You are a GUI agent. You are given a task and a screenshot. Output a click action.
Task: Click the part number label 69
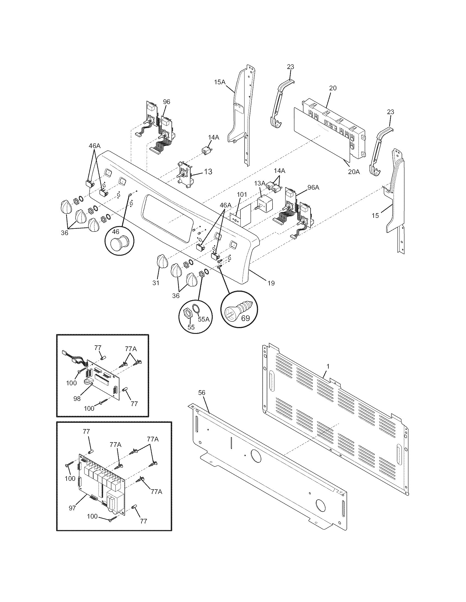click(245, 318)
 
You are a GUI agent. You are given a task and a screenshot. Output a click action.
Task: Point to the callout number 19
click(271, 283)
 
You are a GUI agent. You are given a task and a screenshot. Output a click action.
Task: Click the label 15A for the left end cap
click(220, 82)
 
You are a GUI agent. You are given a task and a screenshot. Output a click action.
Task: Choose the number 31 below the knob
click(156, 283)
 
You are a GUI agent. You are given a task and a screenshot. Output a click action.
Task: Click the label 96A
click(313, 187)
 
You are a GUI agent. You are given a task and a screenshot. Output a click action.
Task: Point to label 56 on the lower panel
click(202, 392)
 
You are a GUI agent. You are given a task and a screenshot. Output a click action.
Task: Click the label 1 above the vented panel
click(328, 366)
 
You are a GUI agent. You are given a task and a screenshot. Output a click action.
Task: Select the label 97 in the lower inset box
click(72, 508)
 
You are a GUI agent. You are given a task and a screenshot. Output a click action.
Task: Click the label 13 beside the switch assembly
click(208, 172)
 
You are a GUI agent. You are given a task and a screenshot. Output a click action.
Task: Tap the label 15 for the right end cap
click(375, 216)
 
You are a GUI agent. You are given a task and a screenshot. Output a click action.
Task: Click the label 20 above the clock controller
click(333, 88)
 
